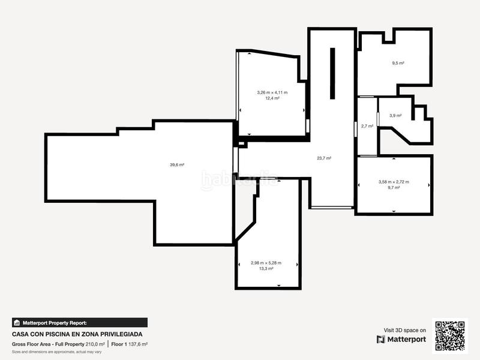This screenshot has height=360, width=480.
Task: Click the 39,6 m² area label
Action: (x=176, y=164)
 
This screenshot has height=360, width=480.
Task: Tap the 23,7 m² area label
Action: (x=324, y=158)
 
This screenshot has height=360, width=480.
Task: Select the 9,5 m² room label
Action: (x=398, y=62)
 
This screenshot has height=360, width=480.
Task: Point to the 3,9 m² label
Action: (x=395, y=116)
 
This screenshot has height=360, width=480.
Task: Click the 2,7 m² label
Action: (x=367, y=127)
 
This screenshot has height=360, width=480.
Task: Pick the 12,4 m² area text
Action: (x=272, y=98)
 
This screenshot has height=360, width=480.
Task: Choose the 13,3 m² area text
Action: (x=266, y=269)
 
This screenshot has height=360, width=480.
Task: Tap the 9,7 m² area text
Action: (x=394, y=188)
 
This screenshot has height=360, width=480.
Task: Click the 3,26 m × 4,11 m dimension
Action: (x=272, y=92)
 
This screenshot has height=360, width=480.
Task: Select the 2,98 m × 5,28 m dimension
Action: (x=266, y=263)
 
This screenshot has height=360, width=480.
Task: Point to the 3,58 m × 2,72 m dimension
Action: (x=394, y=182)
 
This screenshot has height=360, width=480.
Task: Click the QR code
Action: (x=451, y=335)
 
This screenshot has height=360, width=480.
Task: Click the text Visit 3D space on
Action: (x=405, y=330)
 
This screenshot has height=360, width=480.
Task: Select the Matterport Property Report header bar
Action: (x=80, y=323)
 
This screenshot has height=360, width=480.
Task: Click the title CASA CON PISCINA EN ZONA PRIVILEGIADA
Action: (x=77, y=334)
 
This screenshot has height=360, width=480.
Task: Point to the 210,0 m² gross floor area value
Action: (x=95, y=344)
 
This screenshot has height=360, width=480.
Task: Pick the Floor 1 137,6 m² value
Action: (x=129, y=344)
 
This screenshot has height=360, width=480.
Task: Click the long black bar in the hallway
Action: (x=332, y=74)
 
